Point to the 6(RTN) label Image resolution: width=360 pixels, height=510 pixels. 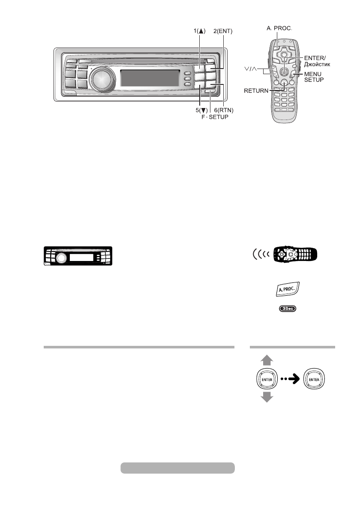coord(223,111)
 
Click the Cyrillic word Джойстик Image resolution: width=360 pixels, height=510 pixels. coord(318,64)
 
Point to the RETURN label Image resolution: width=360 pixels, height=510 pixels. coord(256,90)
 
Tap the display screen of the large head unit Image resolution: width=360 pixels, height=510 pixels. coord(150,78)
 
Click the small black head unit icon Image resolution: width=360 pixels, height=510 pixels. coord(78,257)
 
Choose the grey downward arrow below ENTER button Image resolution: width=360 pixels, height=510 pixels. coord(267,397)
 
